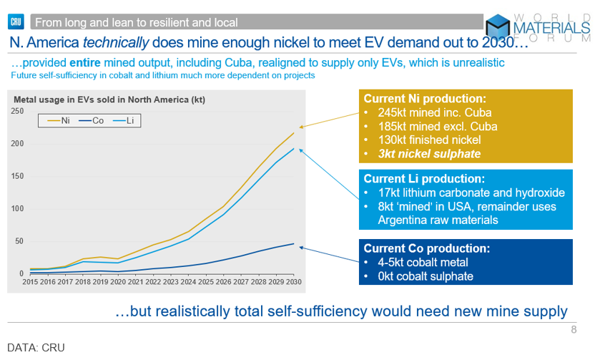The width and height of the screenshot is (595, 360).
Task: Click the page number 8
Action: click(x=574, y=330)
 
